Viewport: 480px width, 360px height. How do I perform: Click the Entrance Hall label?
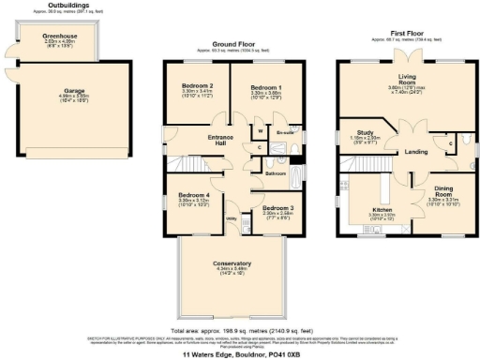click(219, 140)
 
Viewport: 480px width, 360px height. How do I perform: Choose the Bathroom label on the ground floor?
click(275, 174)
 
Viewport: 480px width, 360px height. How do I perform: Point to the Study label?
click(365, 133)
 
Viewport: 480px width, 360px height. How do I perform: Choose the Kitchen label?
click(382, 208)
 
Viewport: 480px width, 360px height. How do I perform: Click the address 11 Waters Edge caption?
click(239, 353)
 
